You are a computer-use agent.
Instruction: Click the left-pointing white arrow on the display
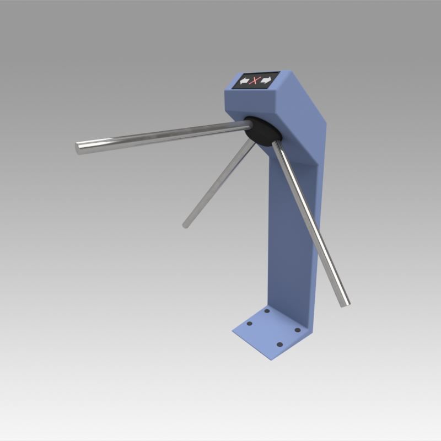point(244,82)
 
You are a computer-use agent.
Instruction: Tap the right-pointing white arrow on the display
point(266,80)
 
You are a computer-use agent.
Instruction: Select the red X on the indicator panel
point(255,81)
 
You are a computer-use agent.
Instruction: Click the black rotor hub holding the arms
point(263,131)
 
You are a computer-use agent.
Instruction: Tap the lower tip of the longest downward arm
point(345,303)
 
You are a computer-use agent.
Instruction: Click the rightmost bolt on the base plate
point(298,330)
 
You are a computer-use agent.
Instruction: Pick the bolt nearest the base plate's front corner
point(279,345)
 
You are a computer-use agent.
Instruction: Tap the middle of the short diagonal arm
point(219,183)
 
